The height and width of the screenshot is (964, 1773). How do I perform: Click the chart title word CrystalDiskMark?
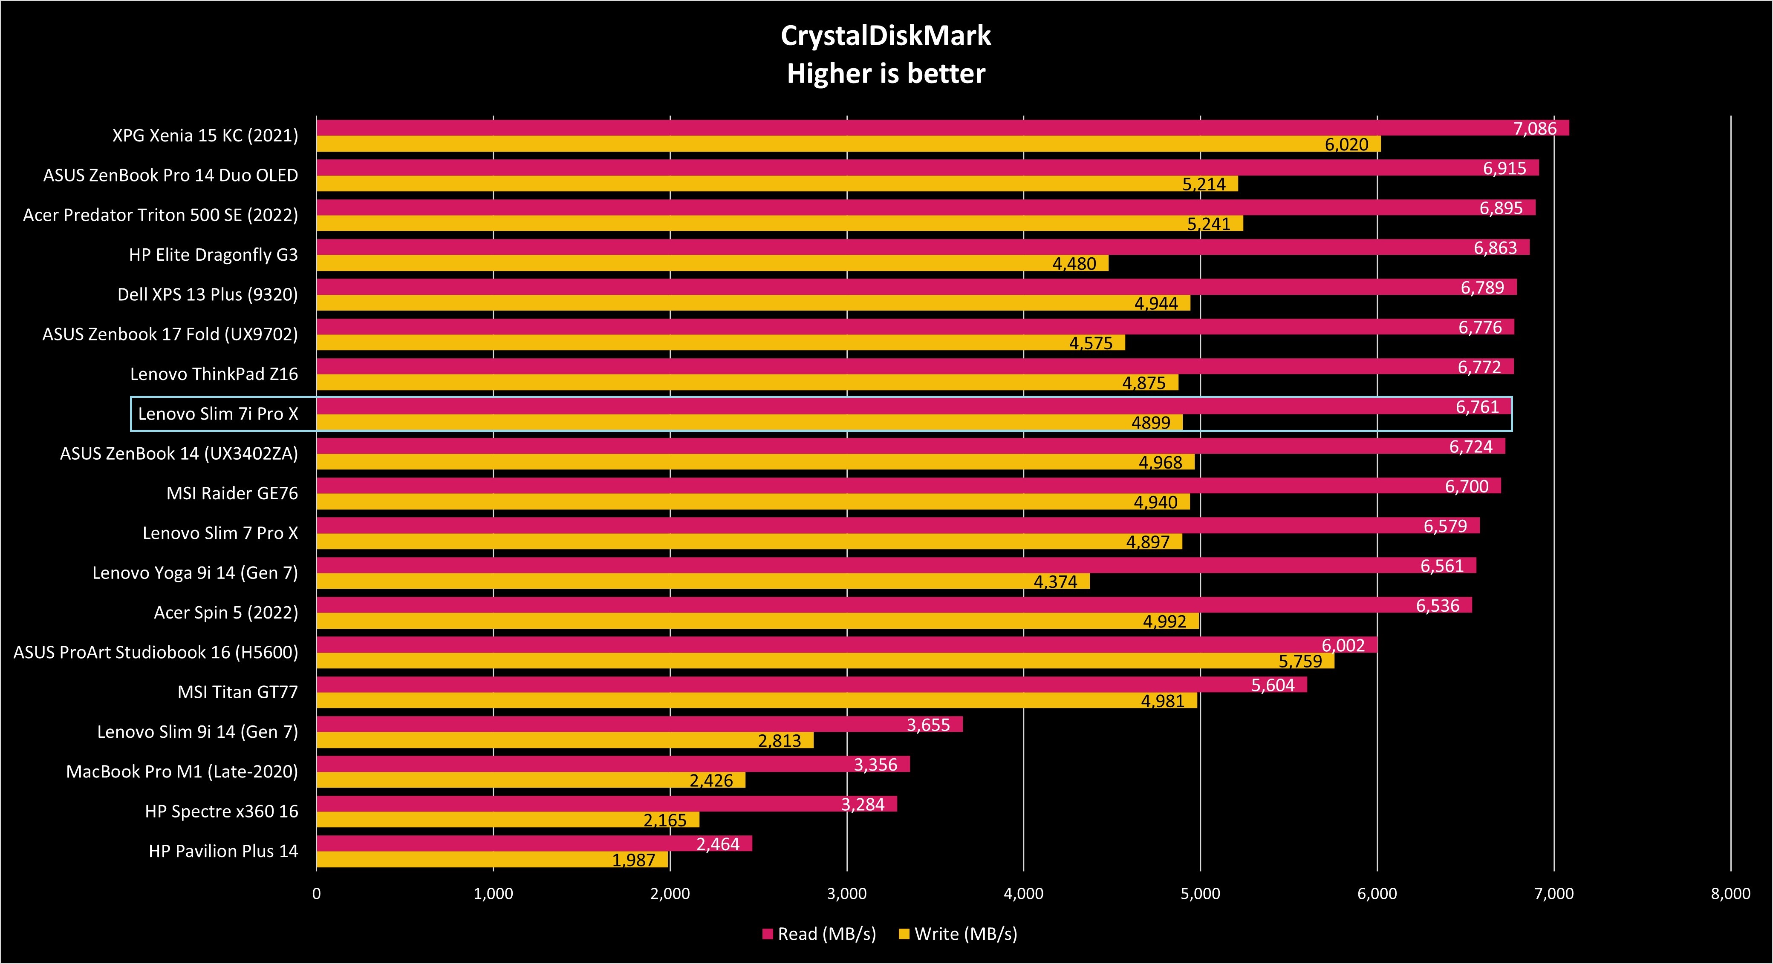click(886, 36)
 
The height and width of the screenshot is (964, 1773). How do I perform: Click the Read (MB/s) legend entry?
click(819, 934)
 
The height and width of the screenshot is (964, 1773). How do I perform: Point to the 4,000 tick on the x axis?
click(1023, 894)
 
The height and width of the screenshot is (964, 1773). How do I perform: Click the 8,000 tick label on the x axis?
click(1730, 894)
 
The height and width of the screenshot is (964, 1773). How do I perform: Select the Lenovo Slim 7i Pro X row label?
click(218, 414)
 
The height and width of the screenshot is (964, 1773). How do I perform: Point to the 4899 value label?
click(1151, 423)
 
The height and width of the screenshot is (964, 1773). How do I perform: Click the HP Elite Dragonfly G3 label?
click(214, 255)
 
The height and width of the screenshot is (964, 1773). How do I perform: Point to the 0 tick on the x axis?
click(317, 894)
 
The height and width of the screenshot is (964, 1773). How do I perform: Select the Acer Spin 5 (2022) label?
click(226, 613)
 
